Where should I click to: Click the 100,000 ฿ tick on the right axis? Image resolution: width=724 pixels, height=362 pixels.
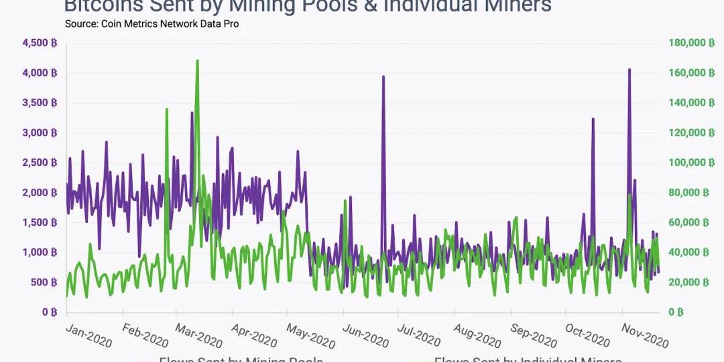(x=688, y=163)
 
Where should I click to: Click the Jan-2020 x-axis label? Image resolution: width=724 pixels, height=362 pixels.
(x=88, y=334)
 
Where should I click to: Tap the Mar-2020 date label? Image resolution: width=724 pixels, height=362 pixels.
(x=198, y=334)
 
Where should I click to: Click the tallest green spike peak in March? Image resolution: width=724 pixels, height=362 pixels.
(x=197, y=60)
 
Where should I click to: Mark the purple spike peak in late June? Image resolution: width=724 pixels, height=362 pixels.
(x=383, y=77)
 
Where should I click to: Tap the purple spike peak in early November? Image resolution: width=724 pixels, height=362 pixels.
(x=629, y=69)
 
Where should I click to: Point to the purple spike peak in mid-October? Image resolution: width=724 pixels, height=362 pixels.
(x=593, y=119)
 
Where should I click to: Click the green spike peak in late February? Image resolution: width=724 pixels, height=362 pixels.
(x=166, y=109)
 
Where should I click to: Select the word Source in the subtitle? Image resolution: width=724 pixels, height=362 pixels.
(x=82, y=24)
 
